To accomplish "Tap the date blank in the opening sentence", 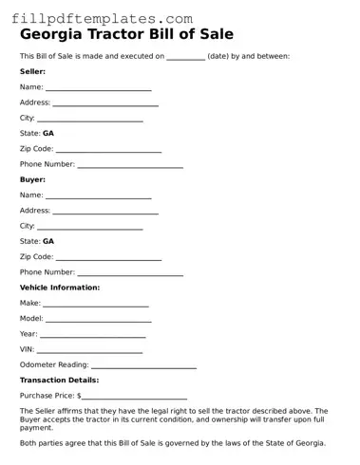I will [x=185, y=57].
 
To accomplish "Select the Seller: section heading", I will [x=32, y=71].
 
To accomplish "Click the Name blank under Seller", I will [x=99, y=88].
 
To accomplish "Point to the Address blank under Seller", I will [x=105, y=103].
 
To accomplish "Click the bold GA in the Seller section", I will [x=48, y=134].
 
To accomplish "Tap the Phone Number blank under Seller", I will [x=130, y=165].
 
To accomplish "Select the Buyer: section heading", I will [x=32, y=179].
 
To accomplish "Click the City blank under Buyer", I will [x=89, y=227].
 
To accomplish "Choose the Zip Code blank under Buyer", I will [x=108, y=257].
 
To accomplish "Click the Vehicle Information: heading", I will [x=60, y=288].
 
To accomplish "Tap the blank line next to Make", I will [x=96, y=304].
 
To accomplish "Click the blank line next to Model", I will [x=99, y=319].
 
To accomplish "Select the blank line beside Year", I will [x=92, y=335].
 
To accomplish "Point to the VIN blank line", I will [x=90, y=350].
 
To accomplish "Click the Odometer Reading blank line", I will [x=143, y=365].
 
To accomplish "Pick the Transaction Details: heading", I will [x=60, y=380].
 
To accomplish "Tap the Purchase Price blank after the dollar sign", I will [x=134, y=396].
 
